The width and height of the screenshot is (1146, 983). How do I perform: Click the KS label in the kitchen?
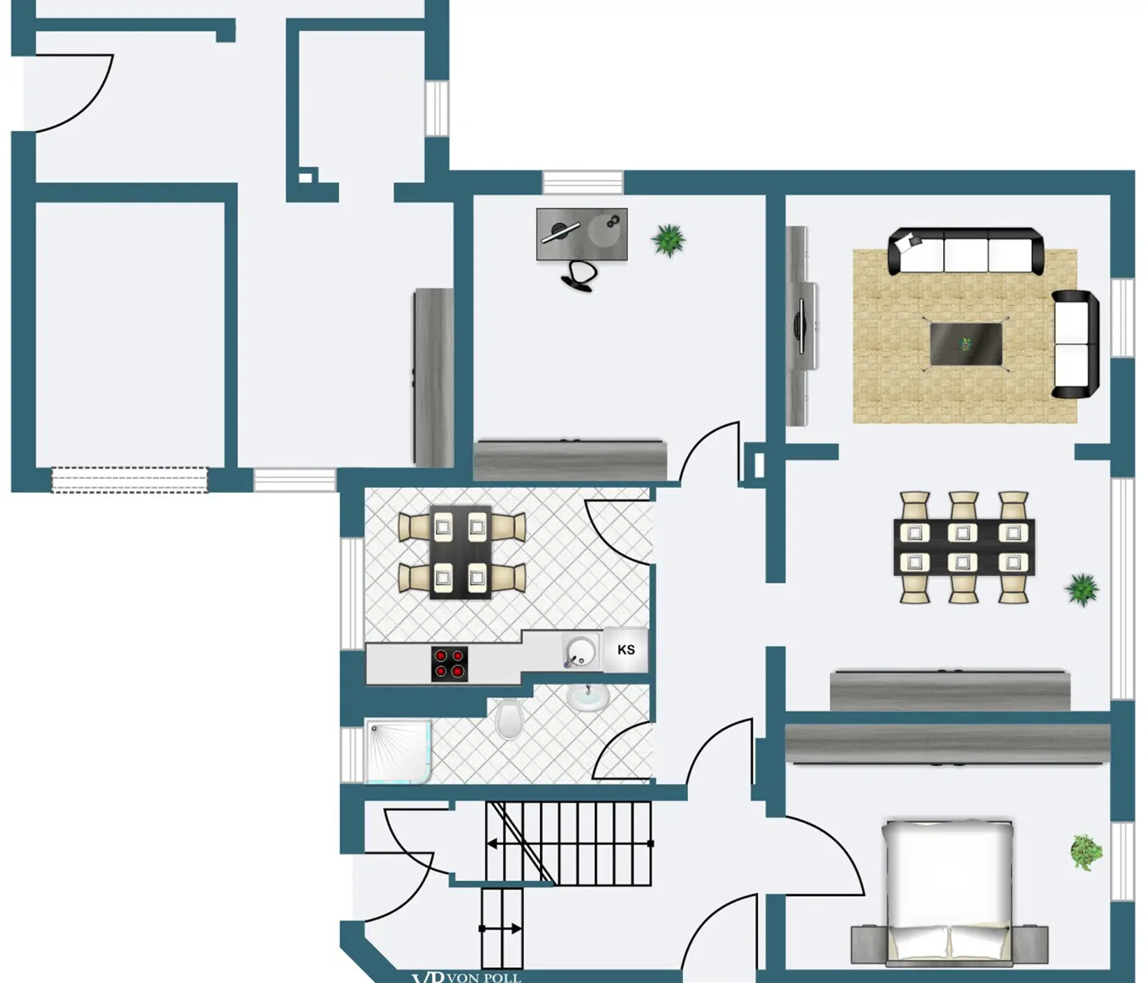[625, 650]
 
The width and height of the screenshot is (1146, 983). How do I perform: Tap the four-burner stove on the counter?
[449, 664]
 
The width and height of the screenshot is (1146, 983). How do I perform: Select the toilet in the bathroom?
[509, 718]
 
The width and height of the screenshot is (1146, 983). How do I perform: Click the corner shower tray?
[397, 751]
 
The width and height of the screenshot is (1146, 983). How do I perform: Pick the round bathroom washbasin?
[588, 697]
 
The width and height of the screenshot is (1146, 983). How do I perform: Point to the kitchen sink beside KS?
[580, 653]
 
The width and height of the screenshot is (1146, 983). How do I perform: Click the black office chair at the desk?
[581, 276]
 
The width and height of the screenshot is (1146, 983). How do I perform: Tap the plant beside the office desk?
[668, 240]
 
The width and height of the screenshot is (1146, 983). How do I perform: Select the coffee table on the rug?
[966, 345]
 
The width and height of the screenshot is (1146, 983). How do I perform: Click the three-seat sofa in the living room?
[965, 251]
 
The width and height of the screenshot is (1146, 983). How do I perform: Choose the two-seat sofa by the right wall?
[1074, 344]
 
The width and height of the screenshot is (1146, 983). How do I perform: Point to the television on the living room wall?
[801, 325]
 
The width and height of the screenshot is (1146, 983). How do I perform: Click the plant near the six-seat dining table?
[1082, 589]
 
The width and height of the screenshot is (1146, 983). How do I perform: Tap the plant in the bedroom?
[1085, 852]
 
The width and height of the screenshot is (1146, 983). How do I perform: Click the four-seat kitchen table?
[461, 552]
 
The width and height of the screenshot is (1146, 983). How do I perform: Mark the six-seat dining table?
[963, 547]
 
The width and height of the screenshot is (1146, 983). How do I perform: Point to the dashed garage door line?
[129, 480]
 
